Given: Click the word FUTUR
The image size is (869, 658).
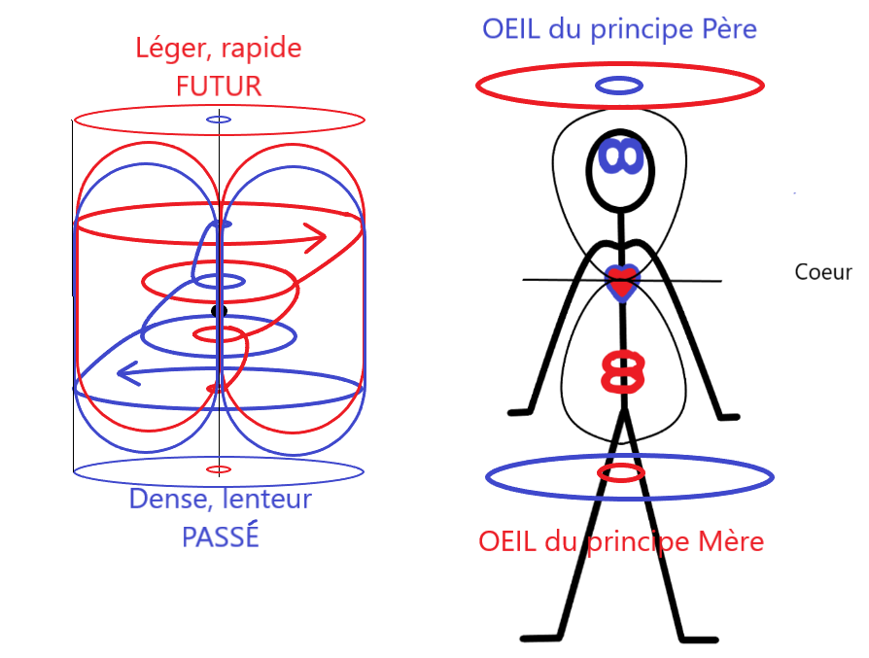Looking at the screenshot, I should click(x=219, y=86).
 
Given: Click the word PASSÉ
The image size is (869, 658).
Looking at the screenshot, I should click(x=221, y=537).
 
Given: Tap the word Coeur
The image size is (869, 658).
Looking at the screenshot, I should click(x=822, y=273).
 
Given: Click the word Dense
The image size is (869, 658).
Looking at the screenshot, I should click(x=162, y=501).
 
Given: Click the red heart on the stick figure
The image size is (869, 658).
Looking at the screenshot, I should click(x=620, y=284).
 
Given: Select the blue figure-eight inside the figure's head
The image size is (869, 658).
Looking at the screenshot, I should click(x=618, y=156).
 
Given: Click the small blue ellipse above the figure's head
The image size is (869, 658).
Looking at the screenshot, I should click(x=619, y=86).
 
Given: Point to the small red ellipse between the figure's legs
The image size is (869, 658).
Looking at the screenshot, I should click(x=620, y=473).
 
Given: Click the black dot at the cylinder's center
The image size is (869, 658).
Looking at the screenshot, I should click(x=219, y=311).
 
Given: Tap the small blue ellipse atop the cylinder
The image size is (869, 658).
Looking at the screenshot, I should click(x=219, y=120).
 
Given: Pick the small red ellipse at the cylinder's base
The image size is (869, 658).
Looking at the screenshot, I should click(x=220, y=469).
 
